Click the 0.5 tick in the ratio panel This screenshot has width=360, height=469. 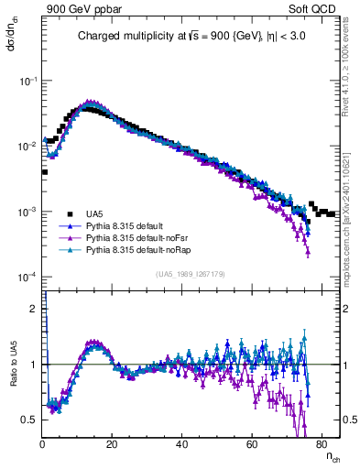point(32,420)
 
